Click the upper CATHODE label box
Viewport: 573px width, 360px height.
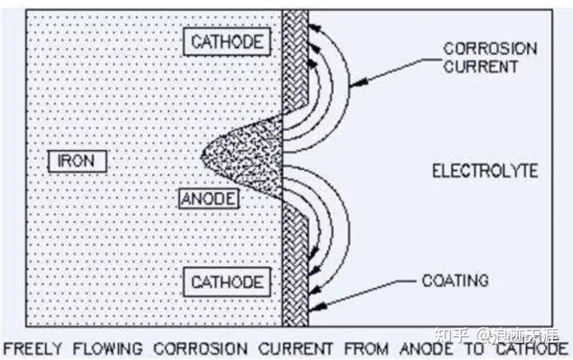coord(227,42)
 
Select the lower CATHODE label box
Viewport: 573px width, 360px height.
coord(227,282)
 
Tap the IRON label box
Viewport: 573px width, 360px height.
coord(77,161)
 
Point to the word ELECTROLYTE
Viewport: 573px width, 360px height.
coord(484,171)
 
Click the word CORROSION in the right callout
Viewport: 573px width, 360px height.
coord(490,49)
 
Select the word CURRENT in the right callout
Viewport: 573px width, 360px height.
coord(480,66)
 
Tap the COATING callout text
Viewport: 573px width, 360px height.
coord(455,280)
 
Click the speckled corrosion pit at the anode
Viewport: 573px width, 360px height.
coord(247,157)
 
